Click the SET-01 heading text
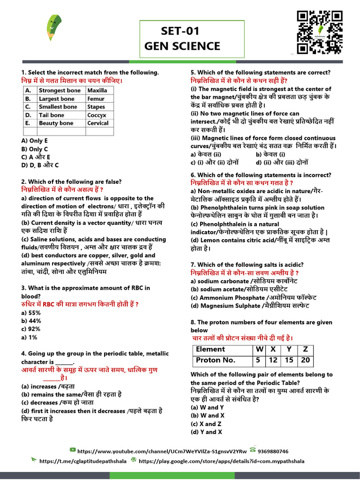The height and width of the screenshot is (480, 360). (180, 31)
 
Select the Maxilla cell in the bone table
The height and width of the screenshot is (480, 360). (97, 90)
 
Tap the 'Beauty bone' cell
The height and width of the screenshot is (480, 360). (56, 123)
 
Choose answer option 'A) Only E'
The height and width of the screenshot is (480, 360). (35, 141)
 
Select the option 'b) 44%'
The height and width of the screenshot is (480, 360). (31, 321)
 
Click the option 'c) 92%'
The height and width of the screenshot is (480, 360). (31, 329)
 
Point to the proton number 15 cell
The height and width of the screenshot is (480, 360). (289, 360)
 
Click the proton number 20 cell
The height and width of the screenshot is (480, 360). (306, 360)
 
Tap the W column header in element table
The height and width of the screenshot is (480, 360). (258, 349)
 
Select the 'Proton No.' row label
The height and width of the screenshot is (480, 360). (215, 360)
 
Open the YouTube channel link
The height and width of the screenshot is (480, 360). (162, 451)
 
